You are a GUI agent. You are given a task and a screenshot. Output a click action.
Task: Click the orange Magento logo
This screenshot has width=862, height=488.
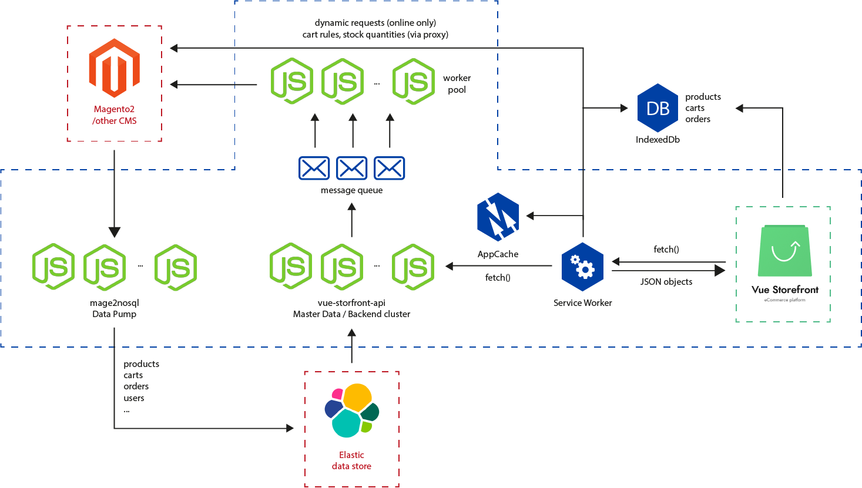pyautogui.click(x=114, y=68)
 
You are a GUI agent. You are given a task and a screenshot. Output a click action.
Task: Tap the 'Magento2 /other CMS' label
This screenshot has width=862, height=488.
pyautogui.click(x=114, y=115)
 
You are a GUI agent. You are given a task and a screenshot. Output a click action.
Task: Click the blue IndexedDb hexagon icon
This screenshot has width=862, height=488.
pyautogui.click(x=658, y=108)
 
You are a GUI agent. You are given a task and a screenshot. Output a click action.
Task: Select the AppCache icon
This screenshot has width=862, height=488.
pyautogui.click(x=498, y=217)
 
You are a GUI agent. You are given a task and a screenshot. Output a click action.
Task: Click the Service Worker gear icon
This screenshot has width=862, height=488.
pyautogui.click(x=582, y=267)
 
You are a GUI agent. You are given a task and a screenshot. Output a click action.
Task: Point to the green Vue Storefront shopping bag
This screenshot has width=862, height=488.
pyautogui.click(x=784, y=251)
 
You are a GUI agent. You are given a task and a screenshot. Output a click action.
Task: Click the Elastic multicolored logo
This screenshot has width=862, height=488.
pyautogui.click(x=351, y=410)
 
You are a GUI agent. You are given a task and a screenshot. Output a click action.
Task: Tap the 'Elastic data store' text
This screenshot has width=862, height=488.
pyautogui.click(x=351, y=460)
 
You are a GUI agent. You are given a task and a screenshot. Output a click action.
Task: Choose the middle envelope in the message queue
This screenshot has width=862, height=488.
pyautogui.click(x=351, y=168)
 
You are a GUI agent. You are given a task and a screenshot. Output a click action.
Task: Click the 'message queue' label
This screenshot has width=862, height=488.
pyautogui.click(x=351, y=190)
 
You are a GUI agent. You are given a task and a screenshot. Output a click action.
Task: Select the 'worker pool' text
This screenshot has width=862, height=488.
pyautogui.click(x=457, y=84)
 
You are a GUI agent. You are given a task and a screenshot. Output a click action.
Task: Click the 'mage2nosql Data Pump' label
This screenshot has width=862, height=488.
pyautogui.click(x=114, y=308)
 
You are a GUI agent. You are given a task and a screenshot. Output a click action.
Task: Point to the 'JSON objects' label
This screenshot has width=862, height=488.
pyautogui.click(x=666, y=282)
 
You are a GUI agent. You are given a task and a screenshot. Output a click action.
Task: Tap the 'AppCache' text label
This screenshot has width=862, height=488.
pyautogui.click(x=498, y=254)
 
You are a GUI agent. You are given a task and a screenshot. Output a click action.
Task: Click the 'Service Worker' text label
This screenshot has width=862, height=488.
pyautogui.click(x=582, y=303)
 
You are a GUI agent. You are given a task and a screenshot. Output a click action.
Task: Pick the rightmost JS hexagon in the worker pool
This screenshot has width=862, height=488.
pyautogui.click(x=413, y=82)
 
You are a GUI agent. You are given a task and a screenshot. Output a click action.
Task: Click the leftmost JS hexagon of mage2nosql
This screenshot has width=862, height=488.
pyautogui.click(x=53, y=267)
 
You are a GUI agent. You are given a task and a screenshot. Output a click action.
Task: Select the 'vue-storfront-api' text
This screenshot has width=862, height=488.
pyautogui.click(x=351, y=303)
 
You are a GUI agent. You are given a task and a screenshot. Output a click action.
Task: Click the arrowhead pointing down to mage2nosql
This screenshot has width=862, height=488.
pyautogui.click(x=114, y=231)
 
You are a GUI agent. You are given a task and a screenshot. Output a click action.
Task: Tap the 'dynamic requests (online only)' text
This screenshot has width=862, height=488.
pyautogui.click(x=375, y=23)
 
